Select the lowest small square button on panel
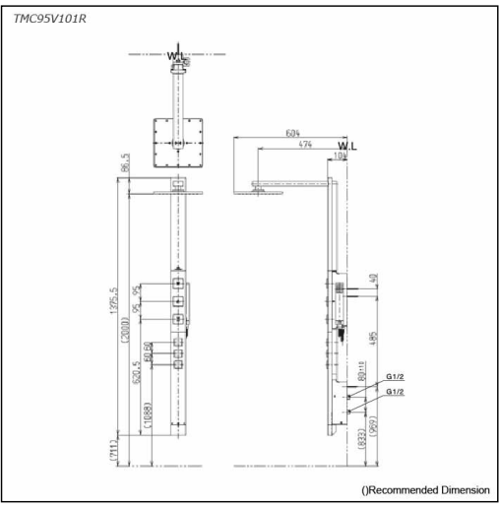point(176,365)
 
